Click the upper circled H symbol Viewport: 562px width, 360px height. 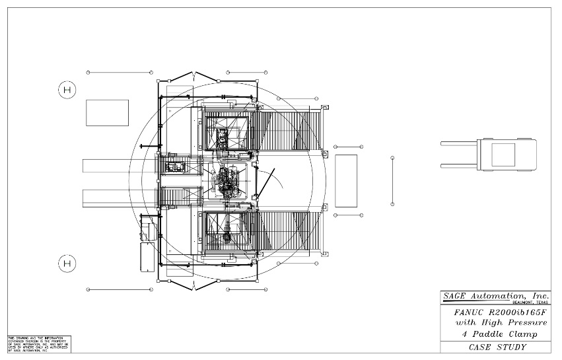click(x=67, y=89)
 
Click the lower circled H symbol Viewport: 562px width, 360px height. click(x=66, y=264)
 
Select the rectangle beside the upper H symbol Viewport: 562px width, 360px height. click(x=107, y=112)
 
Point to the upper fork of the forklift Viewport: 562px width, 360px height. click(x=462, y=143)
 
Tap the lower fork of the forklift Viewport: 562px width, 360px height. click(x=462, y=166)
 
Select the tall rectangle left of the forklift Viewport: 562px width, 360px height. click(x=346, y=180)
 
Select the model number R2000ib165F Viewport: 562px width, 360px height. click(x=517, y=311)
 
